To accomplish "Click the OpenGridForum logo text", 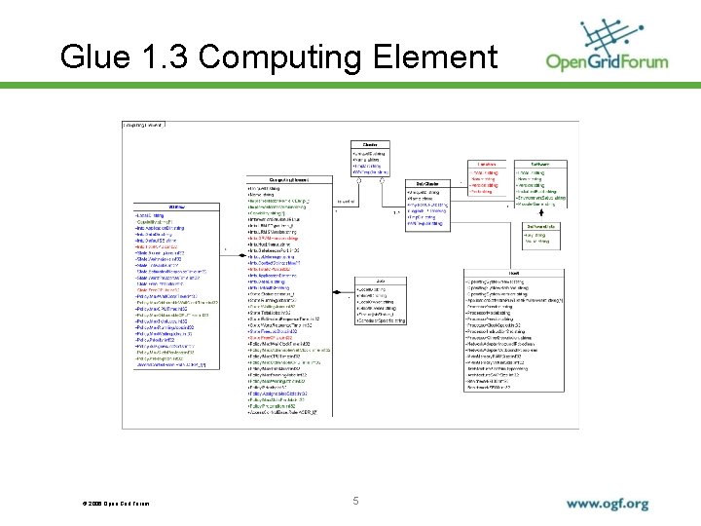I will pyautogui.click(x=608, y=62).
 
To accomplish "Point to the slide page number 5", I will pyautogui.click(x=356, y=502).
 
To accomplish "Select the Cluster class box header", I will pyautogui.click(x=370, y=145).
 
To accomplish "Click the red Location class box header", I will pyautogui.click(x=488, y=165).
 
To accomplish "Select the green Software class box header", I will pyautogui.click(x=542, y=165).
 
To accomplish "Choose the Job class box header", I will pyautogui.click(x=381, y=281).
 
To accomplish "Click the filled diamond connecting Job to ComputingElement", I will pyautogui.click(x=337, y=291).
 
